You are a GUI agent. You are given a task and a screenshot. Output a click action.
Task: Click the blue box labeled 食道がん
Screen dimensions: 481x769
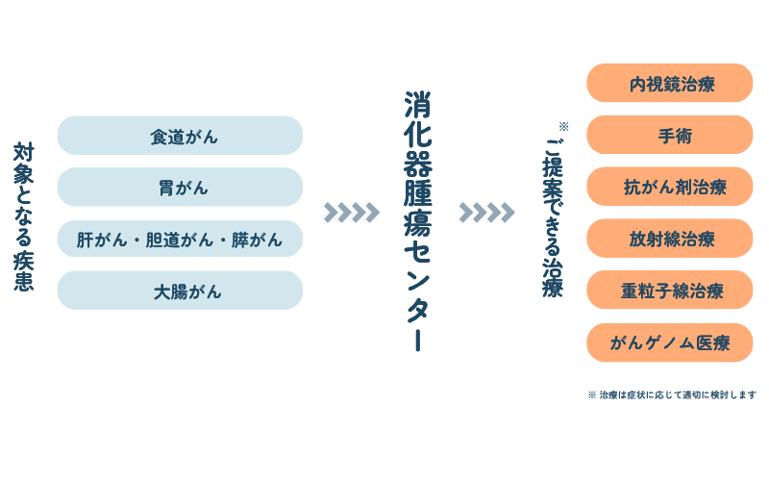point(180,136)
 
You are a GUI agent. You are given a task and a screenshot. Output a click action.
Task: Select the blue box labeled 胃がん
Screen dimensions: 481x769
point(180,188)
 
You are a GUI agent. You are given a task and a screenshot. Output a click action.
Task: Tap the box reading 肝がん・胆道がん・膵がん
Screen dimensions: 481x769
point(180,240)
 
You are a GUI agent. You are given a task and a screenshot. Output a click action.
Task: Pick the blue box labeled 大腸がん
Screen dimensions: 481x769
point(180,291)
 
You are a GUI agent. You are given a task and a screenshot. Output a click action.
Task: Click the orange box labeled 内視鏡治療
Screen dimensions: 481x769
point(670,84)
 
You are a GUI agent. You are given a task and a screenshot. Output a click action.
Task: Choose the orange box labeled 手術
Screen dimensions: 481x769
point(670,136)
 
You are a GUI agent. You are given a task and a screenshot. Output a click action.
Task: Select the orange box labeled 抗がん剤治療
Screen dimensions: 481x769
point(670,188)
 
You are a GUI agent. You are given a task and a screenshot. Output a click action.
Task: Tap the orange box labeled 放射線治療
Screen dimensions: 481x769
point(670,239)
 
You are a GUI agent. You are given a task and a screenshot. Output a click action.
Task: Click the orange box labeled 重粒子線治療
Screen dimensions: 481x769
point(670,291)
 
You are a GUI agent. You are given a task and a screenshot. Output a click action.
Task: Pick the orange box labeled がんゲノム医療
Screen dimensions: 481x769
point(670,342)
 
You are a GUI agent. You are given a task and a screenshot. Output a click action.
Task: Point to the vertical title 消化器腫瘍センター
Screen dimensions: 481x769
point(417,221)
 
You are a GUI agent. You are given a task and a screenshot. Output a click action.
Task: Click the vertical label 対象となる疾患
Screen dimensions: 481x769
point(24,216)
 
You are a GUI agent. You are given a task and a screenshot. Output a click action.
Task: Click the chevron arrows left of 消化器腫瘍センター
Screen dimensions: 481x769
point(349,212)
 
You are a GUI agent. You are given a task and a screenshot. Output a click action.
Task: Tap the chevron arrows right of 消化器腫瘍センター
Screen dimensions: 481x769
point(484,212)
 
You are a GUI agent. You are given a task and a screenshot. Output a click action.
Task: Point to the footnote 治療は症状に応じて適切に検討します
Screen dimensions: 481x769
point(677,394)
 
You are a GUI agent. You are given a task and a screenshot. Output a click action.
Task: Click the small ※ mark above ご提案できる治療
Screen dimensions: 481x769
point(563,126)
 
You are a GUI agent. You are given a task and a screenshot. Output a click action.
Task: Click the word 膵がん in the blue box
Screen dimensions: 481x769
point(257,240)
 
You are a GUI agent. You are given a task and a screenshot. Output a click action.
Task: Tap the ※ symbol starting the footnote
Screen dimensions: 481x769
point(591,394)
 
